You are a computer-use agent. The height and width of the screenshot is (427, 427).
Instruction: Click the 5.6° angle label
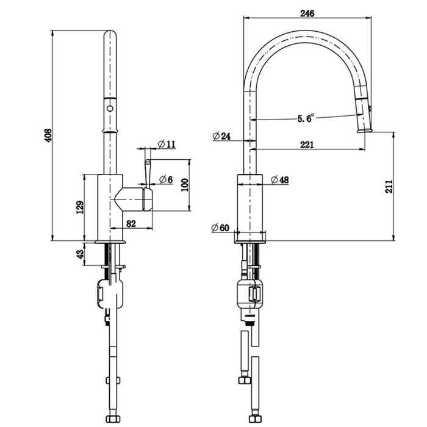coord(305,118)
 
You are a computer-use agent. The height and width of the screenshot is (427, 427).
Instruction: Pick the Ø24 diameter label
coord(221,136)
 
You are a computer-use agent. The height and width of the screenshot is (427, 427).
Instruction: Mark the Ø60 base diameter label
coord(220,228)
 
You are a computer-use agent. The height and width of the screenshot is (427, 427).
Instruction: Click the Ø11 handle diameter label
coord(166,143)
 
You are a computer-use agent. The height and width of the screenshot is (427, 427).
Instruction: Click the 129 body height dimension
coord(79,207)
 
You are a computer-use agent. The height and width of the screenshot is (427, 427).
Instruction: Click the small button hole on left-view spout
coord(110,109)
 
